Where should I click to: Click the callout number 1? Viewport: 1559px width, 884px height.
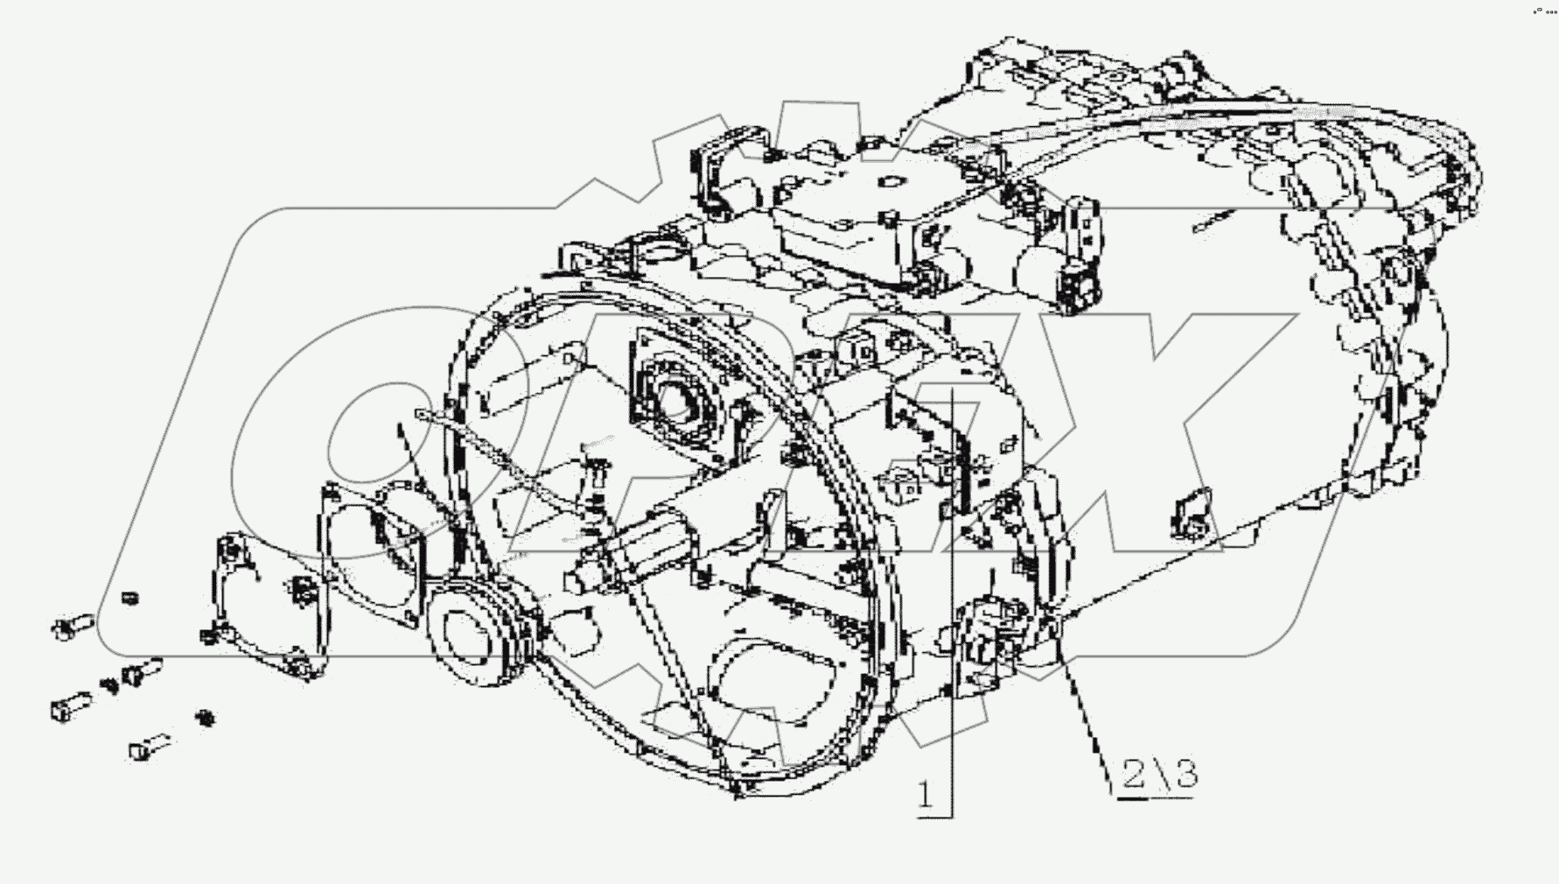[x=926, y=795]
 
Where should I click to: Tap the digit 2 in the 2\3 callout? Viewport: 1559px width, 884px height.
[x=1134, y=775]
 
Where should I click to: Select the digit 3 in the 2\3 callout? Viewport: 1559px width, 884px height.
[x=1185, y=774]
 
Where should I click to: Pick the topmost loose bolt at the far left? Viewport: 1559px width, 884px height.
[x=72, y=626]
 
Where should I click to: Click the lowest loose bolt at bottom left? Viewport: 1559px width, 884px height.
[x=149, y=747]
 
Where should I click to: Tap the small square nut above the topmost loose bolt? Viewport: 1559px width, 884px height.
[x=129, y=598]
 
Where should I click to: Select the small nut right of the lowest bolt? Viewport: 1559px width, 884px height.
[x=206, y=718]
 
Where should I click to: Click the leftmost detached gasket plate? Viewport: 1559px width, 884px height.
[x=262, y=604]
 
